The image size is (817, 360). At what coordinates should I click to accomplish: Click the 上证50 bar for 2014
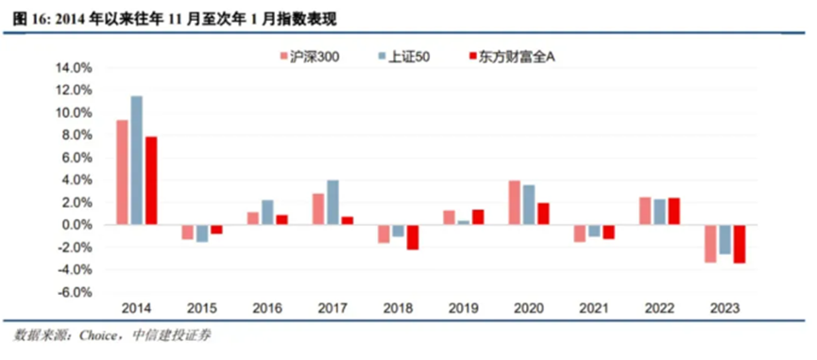tap(137, 160)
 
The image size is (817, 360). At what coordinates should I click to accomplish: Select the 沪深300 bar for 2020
tap(515, 202)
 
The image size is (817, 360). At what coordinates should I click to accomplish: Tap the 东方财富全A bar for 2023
tap(739, 244)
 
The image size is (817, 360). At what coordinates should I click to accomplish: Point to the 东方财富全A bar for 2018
tap(412, 237)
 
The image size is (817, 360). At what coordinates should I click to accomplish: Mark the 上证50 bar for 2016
tap(267, 213)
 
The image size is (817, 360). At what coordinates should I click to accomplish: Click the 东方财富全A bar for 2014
tap(151, 180)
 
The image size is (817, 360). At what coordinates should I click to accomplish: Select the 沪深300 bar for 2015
tap(188, 232)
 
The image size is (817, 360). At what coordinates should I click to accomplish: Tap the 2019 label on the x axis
tap(463, 309)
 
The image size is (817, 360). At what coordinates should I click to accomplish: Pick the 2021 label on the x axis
tap(594, 309)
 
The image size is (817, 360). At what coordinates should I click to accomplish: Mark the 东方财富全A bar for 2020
tap(542, 214)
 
